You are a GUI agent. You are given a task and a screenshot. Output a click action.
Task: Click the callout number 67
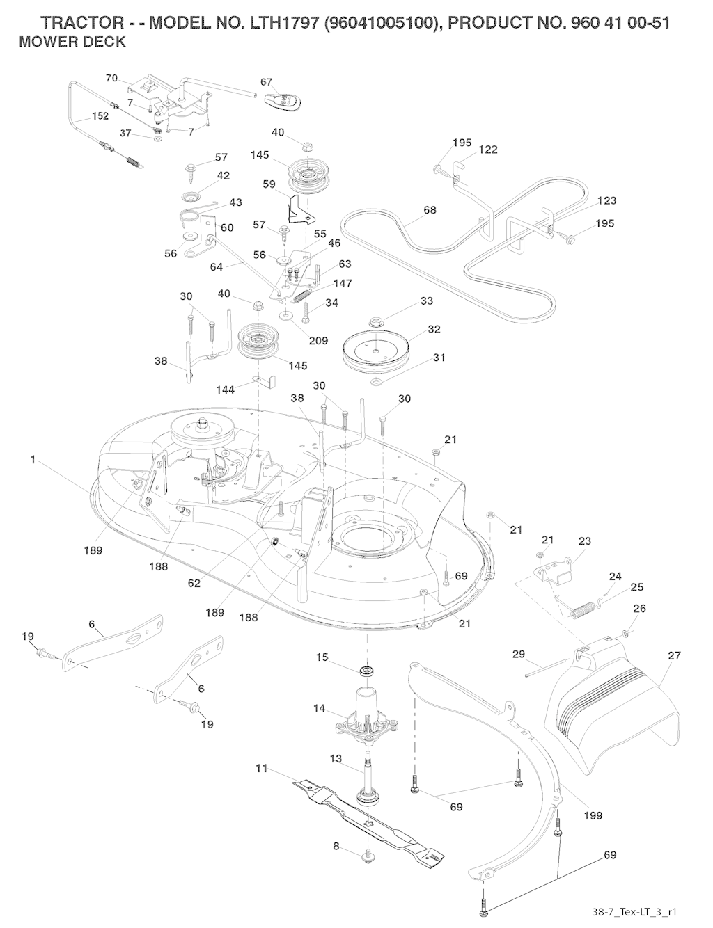pos(266,82)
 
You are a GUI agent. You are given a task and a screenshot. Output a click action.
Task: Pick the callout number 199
pos(593,815)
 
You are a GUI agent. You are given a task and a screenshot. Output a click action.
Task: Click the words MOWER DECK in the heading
pos(73,42)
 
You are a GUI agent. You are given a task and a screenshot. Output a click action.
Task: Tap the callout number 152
pos(101,116)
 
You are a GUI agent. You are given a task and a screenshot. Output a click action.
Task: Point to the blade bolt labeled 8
pos(367,857)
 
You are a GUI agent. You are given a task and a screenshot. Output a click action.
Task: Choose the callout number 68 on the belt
pos(430,210)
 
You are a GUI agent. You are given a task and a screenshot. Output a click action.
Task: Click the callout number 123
pos(607,201)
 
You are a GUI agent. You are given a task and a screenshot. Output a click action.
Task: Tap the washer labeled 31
pos(376,382)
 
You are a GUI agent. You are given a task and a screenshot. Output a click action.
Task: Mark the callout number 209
pos(318,341)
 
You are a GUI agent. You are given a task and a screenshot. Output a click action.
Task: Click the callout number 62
pos(194,583)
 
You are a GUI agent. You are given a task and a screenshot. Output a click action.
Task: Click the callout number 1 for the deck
pos(33,460)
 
